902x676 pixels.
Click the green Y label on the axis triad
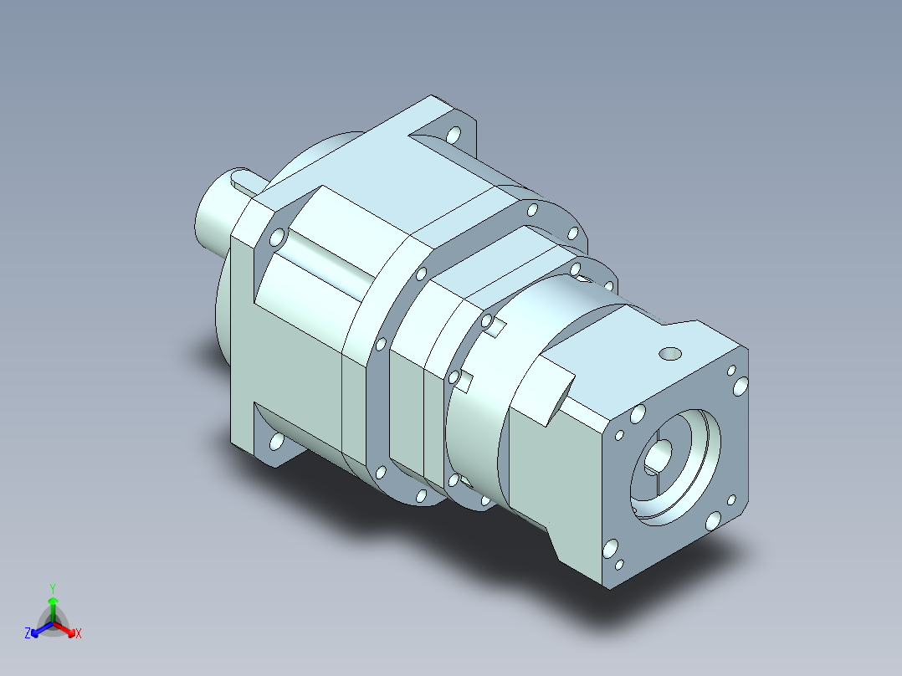click(53, 588)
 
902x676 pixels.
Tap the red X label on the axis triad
click(79, 633)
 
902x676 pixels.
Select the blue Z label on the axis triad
click(28, 633)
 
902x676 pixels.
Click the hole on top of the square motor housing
click(669, 354)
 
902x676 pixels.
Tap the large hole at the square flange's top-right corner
click(741, 386)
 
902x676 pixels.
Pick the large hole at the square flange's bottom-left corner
click(610, 548)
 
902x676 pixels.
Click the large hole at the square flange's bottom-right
click(713, 521)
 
